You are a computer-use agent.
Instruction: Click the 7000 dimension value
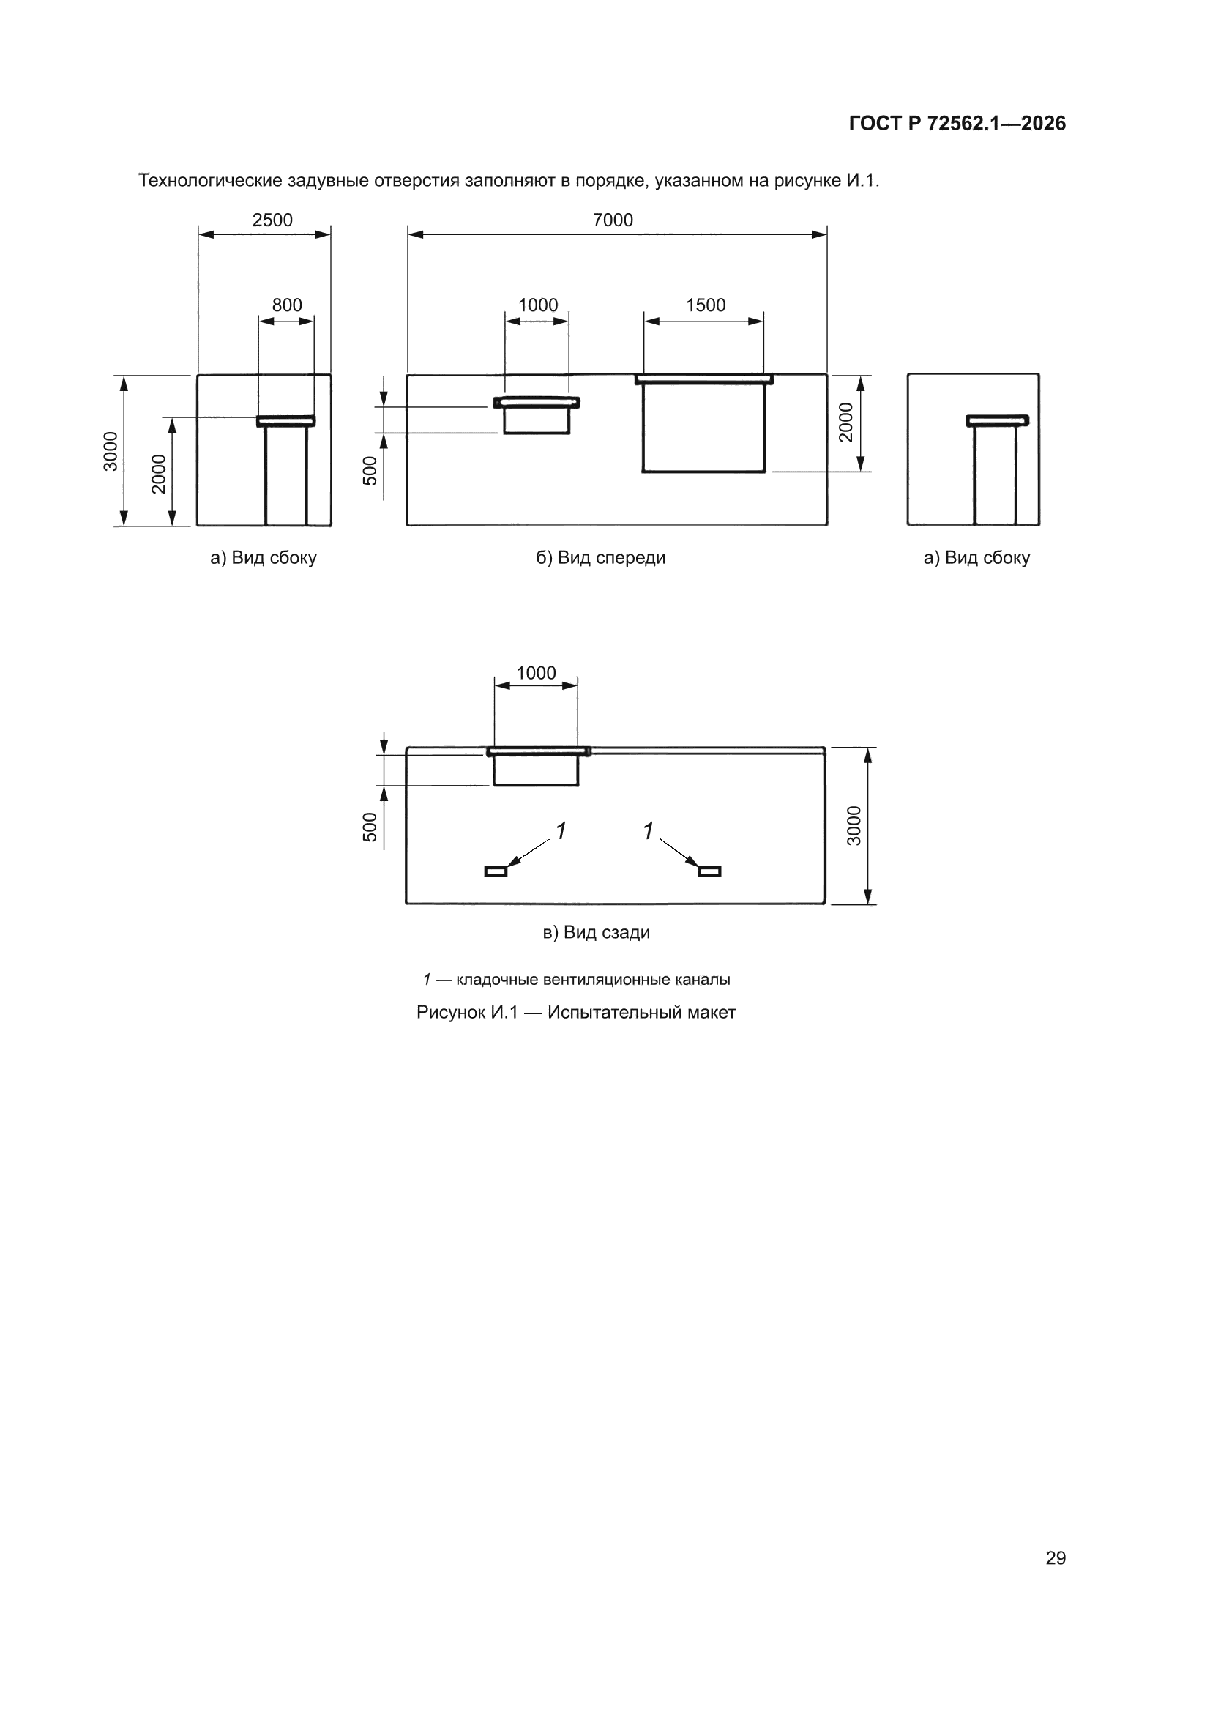[x=613, y=220]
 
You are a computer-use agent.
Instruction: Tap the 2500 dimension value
[x=272, y=220]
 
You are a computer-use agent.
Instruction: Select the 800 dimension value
[x=287, y=305]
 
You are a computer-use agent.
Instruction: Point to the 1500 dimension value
[x=705, y=305]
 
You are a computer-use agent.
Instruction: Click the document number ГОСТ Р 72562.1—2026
[x=957, y=124]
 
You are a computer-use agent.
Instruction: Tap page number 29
[x=1056, y=1557]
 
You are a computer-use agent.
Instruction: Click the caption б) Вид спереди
[x=601, y=558]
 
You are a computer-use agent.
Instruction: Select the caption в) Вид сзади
[x=597, y=932]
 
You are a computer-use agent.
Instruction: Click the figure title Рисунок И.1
[x=467, y=1013]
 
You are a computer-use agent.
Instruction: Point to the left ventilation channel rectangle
[x=496, y=871]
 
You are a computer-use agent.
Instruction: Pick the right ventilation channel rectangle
[x=710, y=871]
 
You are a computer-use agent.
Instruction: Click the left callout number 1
[x=561, y=830]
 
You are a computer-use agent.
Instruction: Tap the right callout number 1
[x=649, y=830]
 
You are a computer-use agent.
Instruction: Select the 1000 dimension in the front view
[x=537, y=305]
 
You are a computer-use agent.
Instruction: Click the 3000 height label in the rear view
[x=854, y=825]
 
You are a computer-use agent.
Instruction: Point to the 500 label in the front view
[x=370, y=471]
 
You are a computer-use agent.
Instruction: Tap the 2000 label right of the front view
[x=845, y=422]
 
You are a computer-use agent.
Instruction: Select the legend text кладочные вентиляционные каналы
[x=594, y=980]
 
